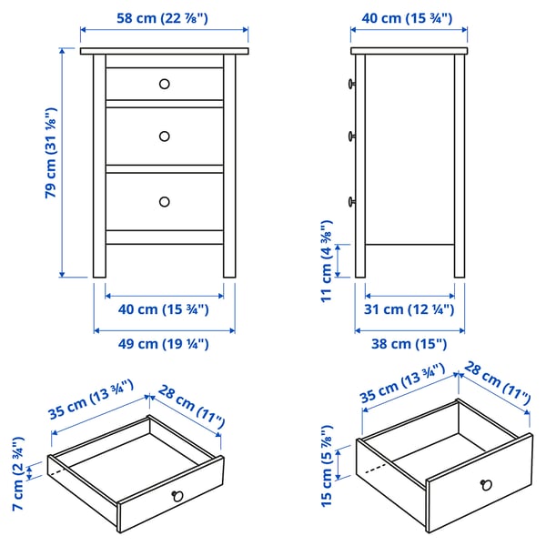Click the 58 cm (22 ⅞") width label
[x=164, y=17]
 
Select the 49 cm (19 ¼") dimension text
[x=164, y=343]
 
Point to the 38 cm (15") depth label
[x=409, y=343]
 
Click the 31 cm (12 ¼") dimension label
[x=409, y=309]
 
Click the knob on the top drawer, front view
[x=165, y=84]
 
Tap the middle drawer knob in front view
[x=165, y=136]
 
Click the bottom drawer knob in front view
[x=165, y=201]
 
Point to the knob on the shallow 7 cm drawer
[x=177, y=496]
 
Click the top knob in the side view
[x=350, y=84]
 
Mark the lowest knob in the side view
[x=350, y=201]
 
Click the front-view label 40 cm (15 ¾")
[x=164, y=309]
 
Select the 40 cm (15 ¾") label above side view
[x=409, y=17]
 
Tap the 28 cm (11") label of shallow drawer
[x=190, y=406]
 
